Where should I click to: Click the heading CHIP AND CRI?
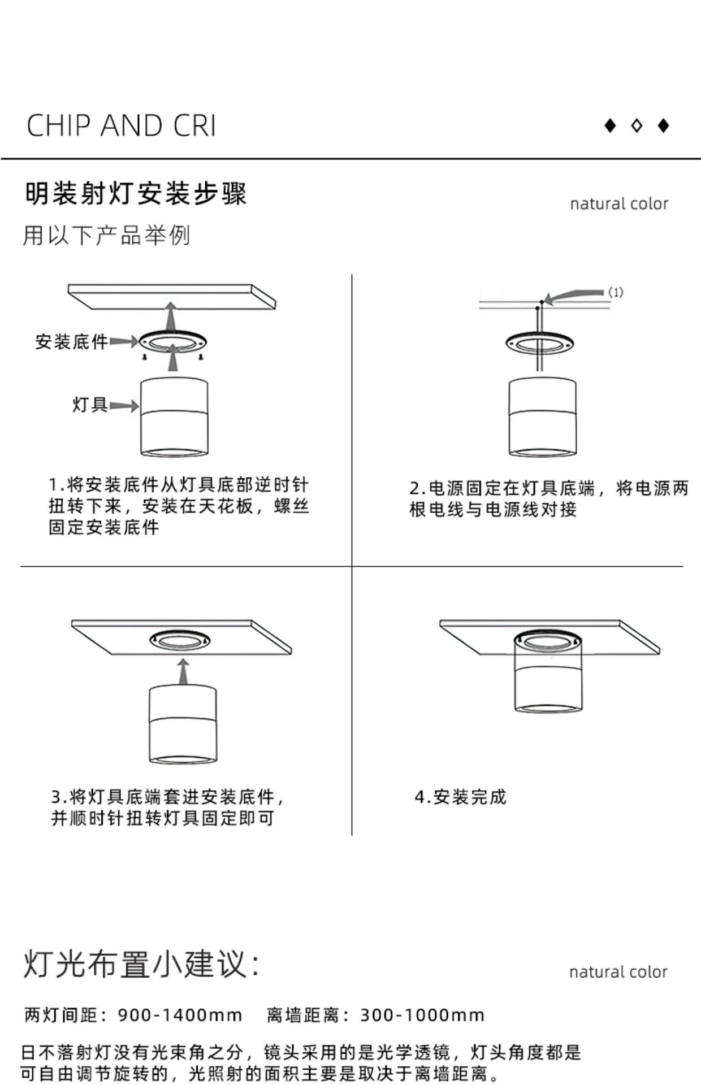click(x=122, y=125)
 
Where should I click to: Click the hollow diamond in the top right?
click(x=637, y=125)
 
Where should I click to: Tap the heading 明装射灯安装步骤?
click(x=136, y=194)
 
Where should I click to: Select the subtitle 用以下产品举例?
click(x=106, y=236)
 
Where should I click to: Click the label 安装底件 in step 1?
click(x=71, y=342)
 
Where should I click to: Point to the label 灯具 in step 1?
click(x=89, y=405)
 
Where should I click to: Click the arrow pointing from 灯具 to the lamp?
click(x=124, y=406)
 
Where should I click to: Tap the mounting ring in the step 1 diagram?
click(x=173, y=342)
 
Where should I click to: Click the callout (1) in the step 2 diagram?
click(x=615, y=292)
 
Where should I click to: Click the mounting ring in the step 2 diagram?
click(x=539, y=342)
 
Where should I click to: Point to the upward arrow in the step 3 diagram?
click(x=182, y=671)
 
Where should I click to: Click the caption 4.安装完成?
click(x=460, y=797)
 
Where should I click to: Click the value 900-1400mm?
click(x=180, y=1015)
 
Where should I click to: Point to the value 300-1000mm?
click(x=422, y=1015)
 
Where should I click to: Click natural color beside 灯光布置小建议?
click(x=618, y=972)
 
